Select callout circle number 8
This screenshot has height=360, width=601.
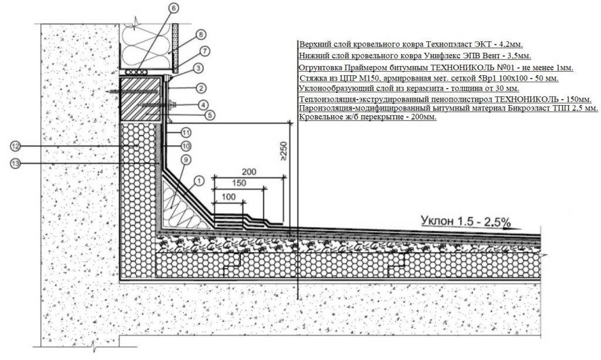pos(201,35)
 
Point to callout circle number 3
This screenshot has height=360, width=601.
pos(198,69)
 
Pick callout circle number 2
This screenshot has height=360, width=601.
pos(201,88)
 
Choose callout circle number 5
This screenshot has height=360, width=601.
pos(210,115)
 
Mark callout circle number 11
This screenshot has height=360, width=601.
pos(186,133)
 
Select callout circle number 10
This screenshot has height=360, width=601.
pos(186,146)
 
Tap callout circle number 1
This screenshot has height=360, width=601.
pos(198,180)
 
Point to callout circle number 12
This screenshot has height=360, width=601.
pos(15,146)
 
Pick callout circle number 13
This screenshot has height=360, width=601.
pos(15,163)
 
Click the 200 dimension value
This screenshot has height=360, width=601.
pos(249,171)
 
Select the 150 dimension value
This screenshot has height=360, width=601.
pos(239,183)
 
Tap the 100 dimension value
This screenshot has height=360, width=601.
pos(228,197)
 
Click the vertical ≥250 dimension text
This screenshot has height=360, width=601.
pos(284,151)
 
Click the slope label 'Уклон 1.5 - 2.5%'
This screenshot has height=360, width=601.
pos(465,221)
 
